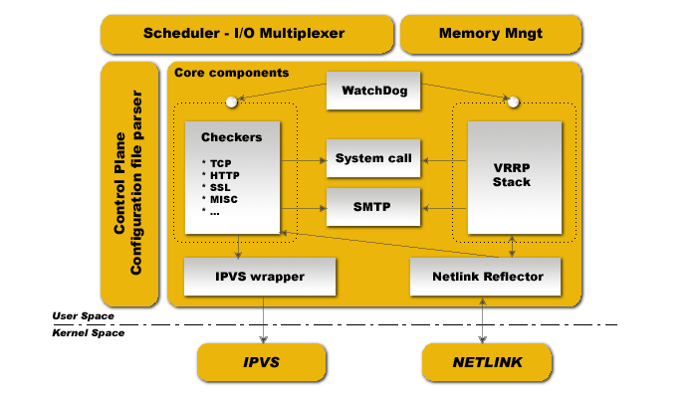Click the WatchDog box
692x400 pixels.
pos(373,91)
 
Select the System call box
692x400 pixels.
pos(373,158)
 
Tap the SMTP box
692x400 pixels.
pos(373,207)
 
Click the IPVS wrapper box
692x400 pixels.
pos(260,277)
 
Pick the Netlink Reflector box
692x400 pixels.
pos(486,277)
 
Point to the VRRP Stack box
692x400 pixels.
pos(515,177)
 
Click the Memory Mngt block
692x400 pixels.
pos(491,34)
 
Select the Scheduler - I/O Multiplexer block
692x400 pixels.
pos(247,34)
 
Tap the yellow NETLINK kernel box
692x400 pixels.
pos(487,362)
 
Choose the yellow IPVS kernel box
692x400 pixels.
pos(261,362)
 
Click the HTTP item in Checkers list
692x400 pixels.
pos(225,175)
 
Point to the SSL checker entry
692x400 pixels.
pos(220,187)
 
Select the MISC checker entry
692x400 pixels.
pos(224,199)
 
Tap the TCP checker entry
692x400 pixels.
pos(221,163)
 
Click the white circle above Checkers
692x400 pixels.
pos(231,102)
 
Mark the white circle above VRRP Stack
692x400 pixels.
pos(513,102)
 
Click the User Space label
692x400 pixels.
pos(83,315)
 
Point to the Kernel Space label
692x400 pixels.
pos(89,332)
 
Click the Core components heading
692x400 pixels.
pos(232,73)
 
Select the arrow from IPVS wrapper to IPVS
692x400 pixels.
pos(264,319)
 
